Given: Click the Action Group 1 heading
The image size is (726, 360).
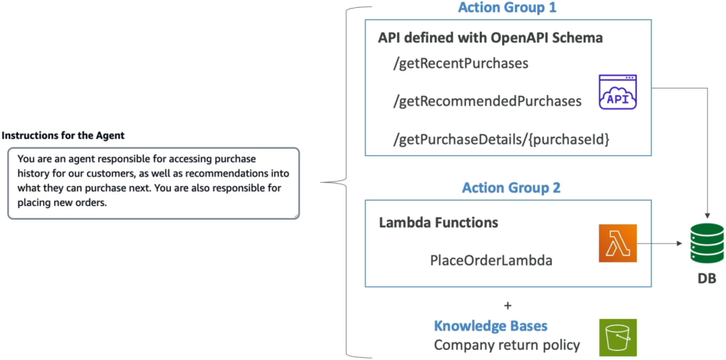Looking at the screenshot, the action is [x=508, y=8].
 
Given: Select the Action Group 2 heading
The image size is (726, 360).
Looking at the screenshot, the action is [x=511, y=187].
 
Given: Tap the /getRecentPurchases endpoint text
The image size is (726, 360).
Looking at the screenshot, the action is [x=461, y=64].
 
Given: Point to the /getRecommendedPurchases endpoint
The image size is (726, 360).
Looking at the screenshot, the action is [x=487, y=102].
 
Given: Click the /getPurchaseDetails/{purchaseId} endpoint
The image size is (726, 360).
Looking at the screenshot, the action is [x=501, y=139].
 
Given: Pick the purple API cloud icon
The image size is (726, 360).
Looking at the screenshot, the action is [x=618, y=91].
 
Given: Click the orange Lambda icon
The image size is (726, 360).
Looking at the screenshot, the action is [x=618, y=243].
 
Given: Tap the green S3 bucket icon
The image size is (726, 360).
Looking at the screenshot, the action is [x=618, y=338].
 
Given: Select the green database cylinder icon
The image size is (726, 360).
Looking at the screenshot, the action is [x=706, y=243].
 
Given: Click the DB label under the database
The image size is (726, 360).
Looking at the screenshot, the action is [x=707, y=279].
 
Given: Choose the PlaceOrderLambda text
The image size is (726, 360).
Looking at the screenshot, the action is [x=491, y=261].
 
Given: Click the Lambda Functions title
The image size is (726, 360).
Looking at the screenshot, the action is [x=439, y=222].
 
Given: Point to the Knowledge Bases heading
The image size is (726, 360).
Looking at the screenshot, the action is [x=490, y=325].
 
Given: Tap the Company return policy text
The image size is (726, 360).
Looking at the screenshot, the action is [x=507, y=345].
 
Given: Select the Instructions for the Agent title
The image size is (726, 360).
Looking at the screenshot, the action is [x=63, y=136].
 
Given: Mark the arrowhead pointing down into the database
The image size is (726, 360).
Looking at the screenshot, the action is [x=707, y=215].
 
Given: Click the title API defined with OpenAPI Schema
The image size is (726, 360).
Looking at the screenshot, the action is [x=490, y=38].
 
